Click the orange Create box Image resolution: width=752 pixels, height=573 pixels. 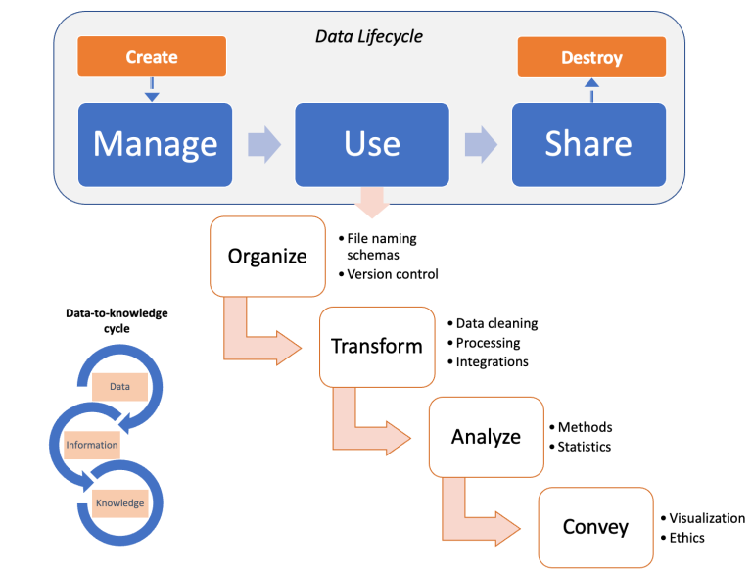[x=152, y=57]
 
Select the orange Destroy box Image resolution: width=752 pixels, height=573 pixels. [x=591, y=58]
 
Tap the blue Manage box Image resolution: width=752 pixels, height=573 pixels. [x=155, y=144]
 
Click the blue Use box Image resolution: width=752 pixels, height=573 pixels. [x=372, y=144]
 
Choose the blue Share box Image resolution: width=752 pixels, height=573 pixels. [x=588, y=144]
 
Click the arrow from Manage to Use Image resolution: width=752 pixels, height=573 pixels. [x=261, y=144]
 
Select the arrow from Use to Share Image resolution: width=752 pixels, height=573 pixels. [x=480, y=144]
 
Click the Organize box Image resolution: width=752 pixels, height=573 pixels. [x=267, y=257]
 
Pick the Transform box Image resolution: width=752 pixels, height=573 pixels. [x=377, y=346]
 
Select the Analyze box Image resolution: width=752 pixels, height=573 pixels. [x=486, y=436]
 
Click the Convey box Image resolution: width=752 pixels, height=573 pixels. [x=595, y=527]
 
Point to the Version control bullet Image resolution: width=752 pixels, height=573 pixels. [x=392, y=274]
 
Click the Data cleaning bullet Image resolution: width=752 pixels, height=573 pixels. [x=496, y=323]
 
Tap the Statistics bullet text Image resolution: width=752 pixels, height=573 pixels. [x=584, y=447]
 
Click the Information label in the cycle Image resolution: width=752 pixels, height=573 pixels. [x=92, y=445]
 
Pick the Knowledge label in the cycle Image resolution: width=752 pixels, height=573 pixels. [x=119, y=503]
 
